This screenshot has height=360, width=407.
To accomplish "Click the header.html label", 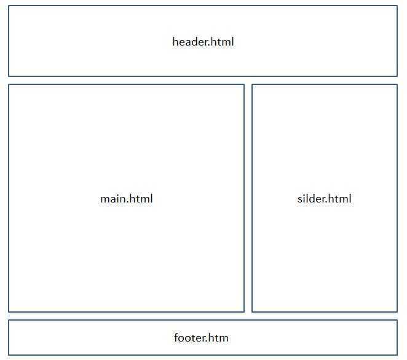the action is point(203,42).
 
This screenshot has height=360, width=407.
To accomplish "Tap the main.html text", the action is point(127,199).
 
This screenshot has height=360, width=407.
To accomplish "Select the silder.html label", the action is point(325,199).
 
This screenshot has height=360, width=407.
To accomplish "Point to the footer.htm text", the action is point(201,338).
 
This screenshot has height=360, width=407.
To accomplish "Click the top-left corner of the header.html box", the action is point(9,6).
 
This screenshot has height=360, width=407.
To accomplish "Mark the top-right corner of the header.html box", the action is point(397,6).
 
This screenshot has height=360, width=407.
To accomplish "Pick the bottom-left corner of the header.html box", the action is point(9,76).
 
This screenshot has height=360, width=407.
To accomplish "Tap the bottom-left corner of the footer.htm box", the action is point(9,355).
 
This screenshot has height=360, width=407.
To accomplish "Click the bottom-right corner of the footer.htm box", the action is point(397,355).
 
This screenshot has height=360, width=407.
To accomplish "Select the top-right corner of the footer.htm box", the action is point(397,320).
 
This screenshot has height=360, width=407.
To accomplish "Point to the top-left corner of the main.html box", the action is point(9,84).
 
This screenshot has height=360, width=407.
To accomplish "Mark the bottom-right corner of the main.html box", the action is point(244,311).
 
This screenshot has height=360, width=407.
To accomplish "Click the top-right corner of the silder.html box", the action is point(397,84).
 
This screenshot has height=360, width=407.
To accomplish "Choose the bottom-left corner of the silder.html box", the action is point(252,311).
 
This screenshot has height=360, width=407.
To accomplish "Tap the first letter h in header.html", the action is point(175,42).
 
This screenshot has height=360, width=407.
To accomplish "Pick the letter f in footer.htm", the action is point(176,338).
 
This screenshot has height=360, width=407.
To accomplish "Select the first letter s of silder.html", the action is point(300,200).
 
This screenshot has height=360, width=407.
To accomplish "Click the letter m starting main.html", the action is point(105,200).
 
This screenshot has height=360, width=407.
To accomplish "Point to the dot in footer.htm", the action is point(207,342).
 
